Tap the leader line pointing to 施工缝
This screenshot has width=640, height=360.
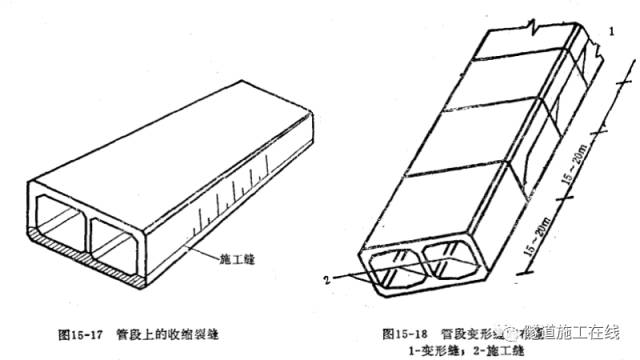tap(200, 250)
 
